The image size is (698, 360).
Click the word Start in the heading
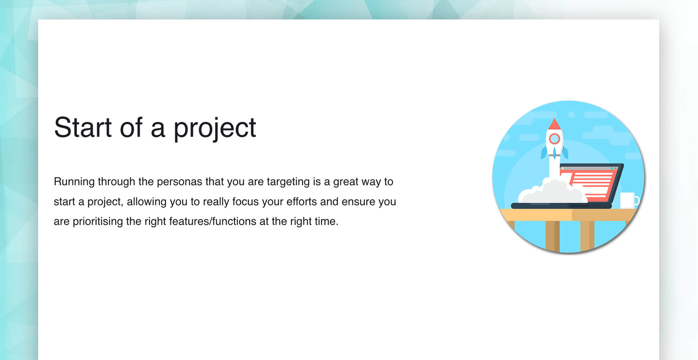83,127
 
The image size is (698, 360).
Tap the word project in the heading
215,129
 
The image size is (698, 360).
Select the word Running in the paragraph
74,182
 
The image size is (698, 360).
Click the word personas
180,182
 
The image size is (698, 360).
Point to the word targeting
288,182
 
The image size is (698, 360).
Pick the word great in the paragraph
346,182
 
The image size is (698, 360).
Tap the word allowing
146,202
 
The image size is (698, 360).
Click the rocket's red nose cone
554,124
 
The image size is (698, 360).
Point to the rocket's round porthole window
554,139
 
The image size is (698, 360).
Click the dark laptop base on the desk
561,206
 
